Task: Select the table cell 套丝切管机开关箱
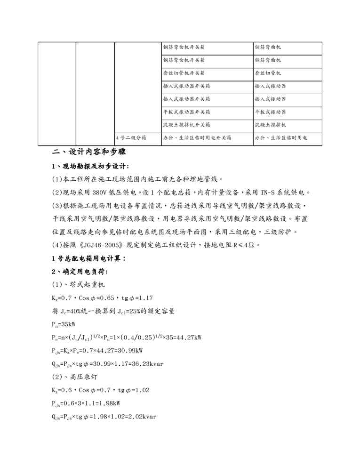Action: pyautogui.click(x=184, y=73)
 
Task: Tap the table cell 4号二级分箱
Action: pyautogui.click(x=131, y=138)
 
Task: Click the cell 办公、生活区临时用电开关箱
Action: pyautogui.click(x=197, y=138)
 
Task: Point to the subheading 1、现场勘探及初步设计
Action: pyautogui.click(x=90, y=166)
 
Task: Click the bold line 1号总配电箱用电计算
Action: pyautogui.click(x=88, y=258)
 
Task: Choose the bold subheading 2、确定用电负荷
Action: pyautogui.click(x=80, y=272)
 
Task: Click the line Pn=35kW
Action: pyautogui.click(x=64, y=325)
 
